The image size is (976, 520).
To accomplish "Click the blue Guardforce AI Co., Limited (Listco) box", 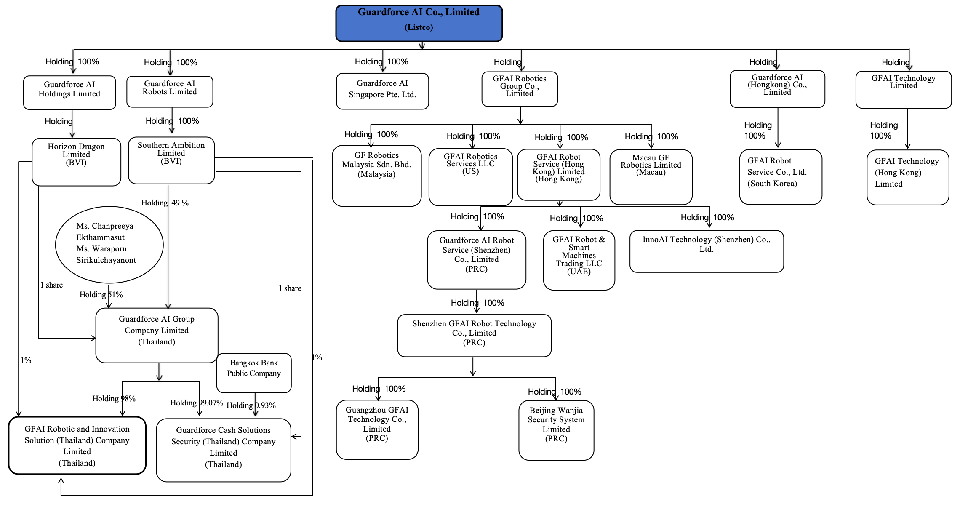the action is tap(419, 23).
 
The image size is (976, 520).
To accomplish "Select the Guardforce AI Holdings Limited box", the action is tap(69, 93).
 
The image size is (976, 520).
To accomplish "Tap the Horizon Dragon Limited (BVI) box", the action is tap(76, 162).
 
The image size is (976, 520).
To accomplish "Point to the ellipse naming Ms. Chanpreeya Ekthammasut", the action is tap(109, 245).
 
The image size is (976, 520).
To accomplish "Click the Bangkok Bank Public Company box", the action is tap(254, 373).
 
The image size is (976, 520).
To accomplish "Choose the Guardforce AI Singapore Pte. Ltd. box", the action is tap(382, 91).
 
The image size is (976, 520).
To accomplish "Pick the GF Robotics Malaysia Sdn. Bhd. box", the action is tap(377, 176).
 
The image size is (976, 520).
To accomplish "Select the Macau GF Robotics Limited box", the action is tap(651, 177).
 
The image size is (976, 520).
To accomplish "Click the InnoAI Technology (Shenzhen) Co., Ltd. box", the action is tap(707, 251).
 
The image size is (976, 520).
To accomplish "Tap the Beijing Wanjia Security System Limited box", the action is tap(556, 430).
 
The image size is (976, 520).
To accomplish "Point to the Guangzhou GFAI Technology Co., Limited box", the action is tap(377, 429).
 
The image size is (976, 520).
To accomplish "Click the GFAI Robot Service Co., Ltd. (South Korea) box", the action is tap(781, 177).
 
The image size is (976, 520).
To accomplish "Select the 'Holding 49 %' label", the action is tap(165, 203).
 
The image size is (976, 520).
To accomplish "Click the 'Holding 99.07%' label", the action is tap(197, 403).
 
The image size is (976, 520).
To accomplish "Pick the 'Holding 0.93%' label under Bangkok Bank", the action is tap(251, 405).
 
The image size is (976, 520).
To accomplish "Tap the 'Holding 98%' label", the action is tap(114, 399).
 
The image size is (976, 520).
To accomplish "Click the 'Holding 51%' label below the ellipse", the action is tap(101, 295).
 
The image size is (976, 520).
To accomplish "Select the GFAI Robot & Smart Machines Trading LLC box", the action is tap(579, 260).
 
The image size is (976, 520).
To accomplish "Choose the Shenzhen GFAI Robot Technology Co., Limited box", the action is tap(474, 336).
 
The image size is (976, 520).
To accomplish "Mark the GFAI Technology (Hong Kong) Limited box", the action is tap(908, 177).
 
